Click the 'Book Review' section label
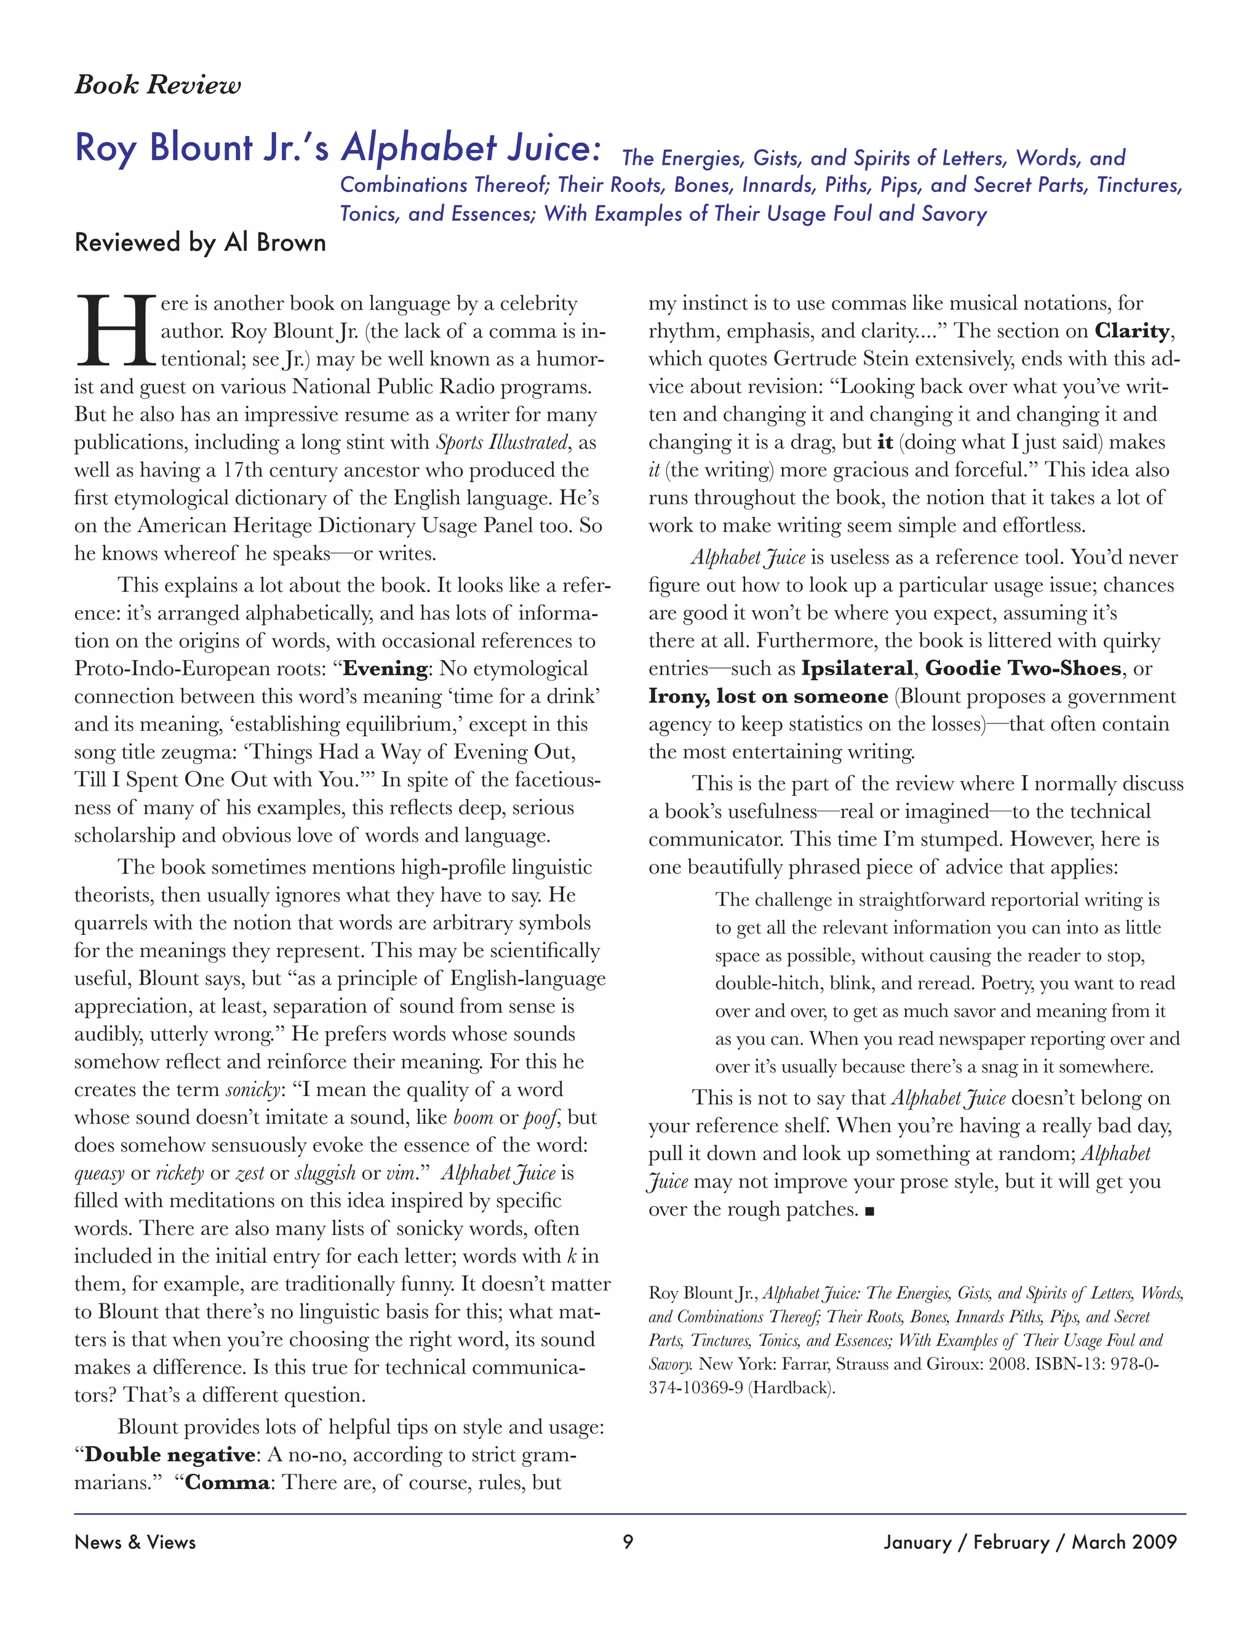157,84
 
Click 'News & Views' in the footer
135,1542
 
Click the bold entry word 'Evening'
385,668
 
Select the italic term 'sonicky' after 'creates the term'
252,1090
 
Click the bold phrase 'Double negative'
169,1455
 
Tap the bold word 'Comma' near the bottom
227,1482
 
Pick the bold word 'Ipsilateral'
857,668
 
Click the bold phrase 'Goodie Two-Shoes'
1023,668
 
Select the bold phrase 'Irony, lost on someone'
768,696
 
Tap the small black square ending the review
869,1211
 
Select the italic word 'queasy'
99,1173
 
